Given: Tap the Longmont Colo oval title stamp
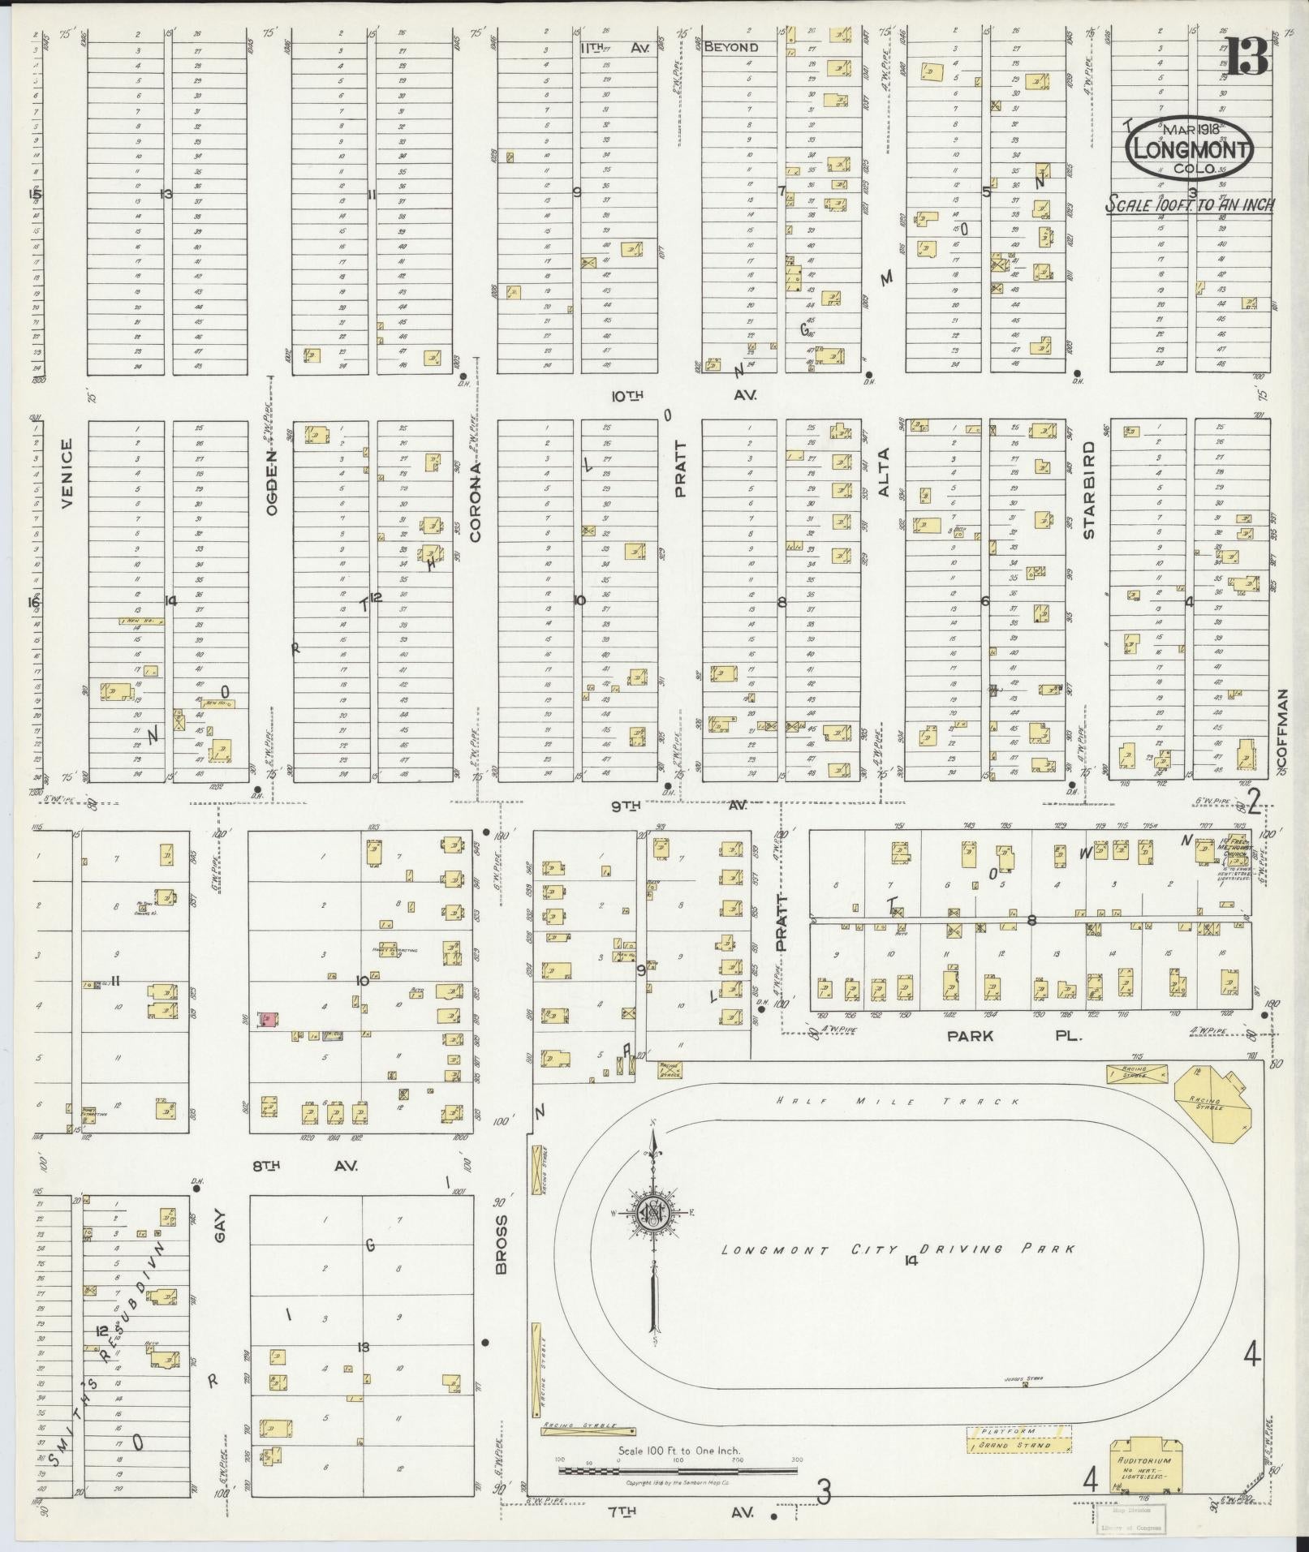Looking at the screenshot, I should point(1188,149).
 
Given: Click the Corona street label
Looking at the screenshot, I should point(476,501).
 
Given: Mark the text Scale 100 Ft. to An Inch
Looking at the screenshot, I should point(1189,204).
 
